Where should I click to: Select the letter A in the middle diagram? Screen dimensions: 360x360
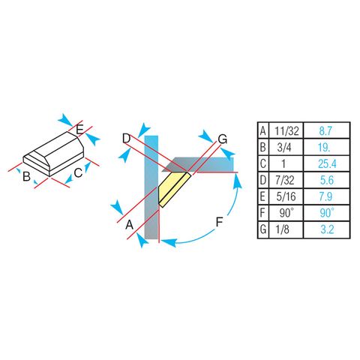tap(130, 224)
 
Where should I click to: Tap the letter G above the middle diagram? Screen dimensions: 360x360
tap(222, 139)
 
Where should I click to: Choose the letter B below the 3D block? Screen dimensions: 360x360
tap(26, 178)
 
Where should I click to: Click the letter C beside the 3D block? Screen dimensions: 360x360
tap(77, 173)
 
